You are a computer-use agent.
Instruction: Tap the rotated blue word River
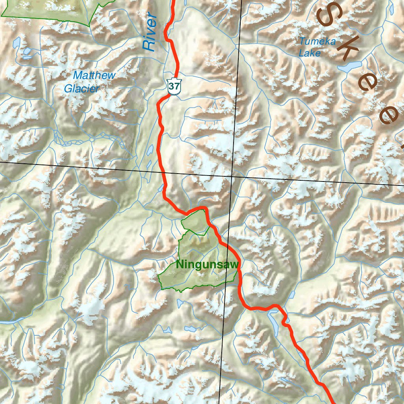tap(150, 33)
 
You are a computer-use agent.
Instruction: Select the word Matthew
tap(95, 75)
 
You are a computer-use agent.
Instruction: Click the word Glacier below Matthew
tap(82, 89)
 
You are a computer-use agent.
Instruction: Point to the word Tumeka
tap(317, 41)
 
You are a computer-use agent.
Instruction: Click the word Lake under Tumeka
tap(310, 53)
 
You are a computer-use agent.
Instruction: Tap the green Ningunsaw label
tap(207, 264)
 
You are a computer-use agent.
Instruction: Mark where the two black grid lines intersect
tap(232, 176)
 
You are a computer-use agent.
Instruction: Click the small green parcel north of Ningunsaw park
tap(195, 222)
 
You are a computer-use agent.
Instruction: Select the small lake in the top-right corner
tap(391, 7)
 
